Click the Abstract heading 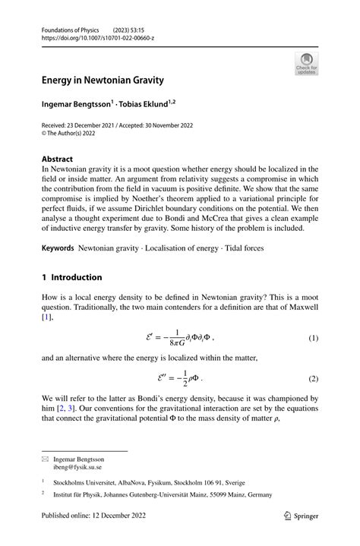(x=59, y=159)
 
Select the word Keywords (x=58, y=248)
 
